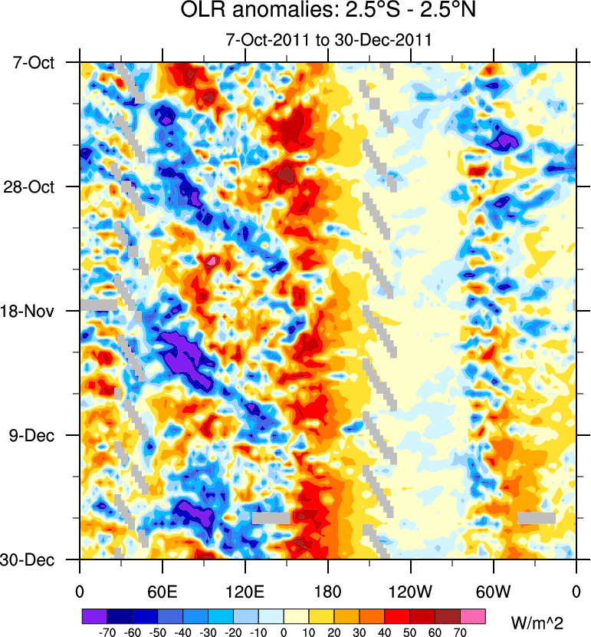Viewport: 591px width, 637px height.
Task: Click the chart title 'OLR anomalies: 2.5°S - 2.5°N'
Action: tap(327, 12)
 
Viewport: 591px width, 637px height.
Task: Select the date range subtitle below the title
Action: tap(327, 39)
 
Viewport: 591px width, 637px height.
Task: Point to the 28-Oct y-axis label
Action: tap(33, 186)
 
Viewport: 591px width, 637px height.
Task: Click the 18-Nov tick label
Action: tap(33, 311)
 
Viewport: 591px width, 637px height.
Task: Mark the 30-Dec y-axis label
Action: tap(33, 559)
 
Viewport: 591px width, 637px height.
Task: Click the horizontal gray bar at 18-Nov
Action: tap(99, 305)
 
